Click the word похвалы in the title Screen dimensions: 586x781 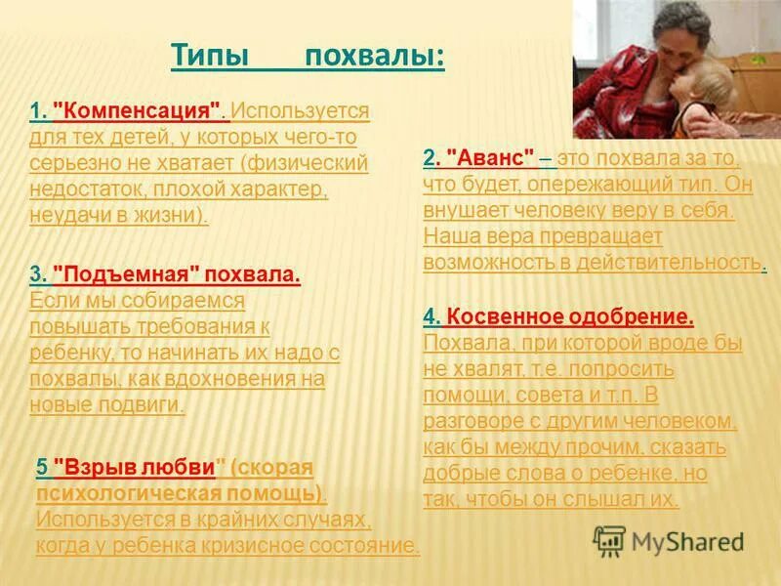(375, 57)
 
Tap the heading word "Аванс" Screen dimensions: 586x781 (490, 157)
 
